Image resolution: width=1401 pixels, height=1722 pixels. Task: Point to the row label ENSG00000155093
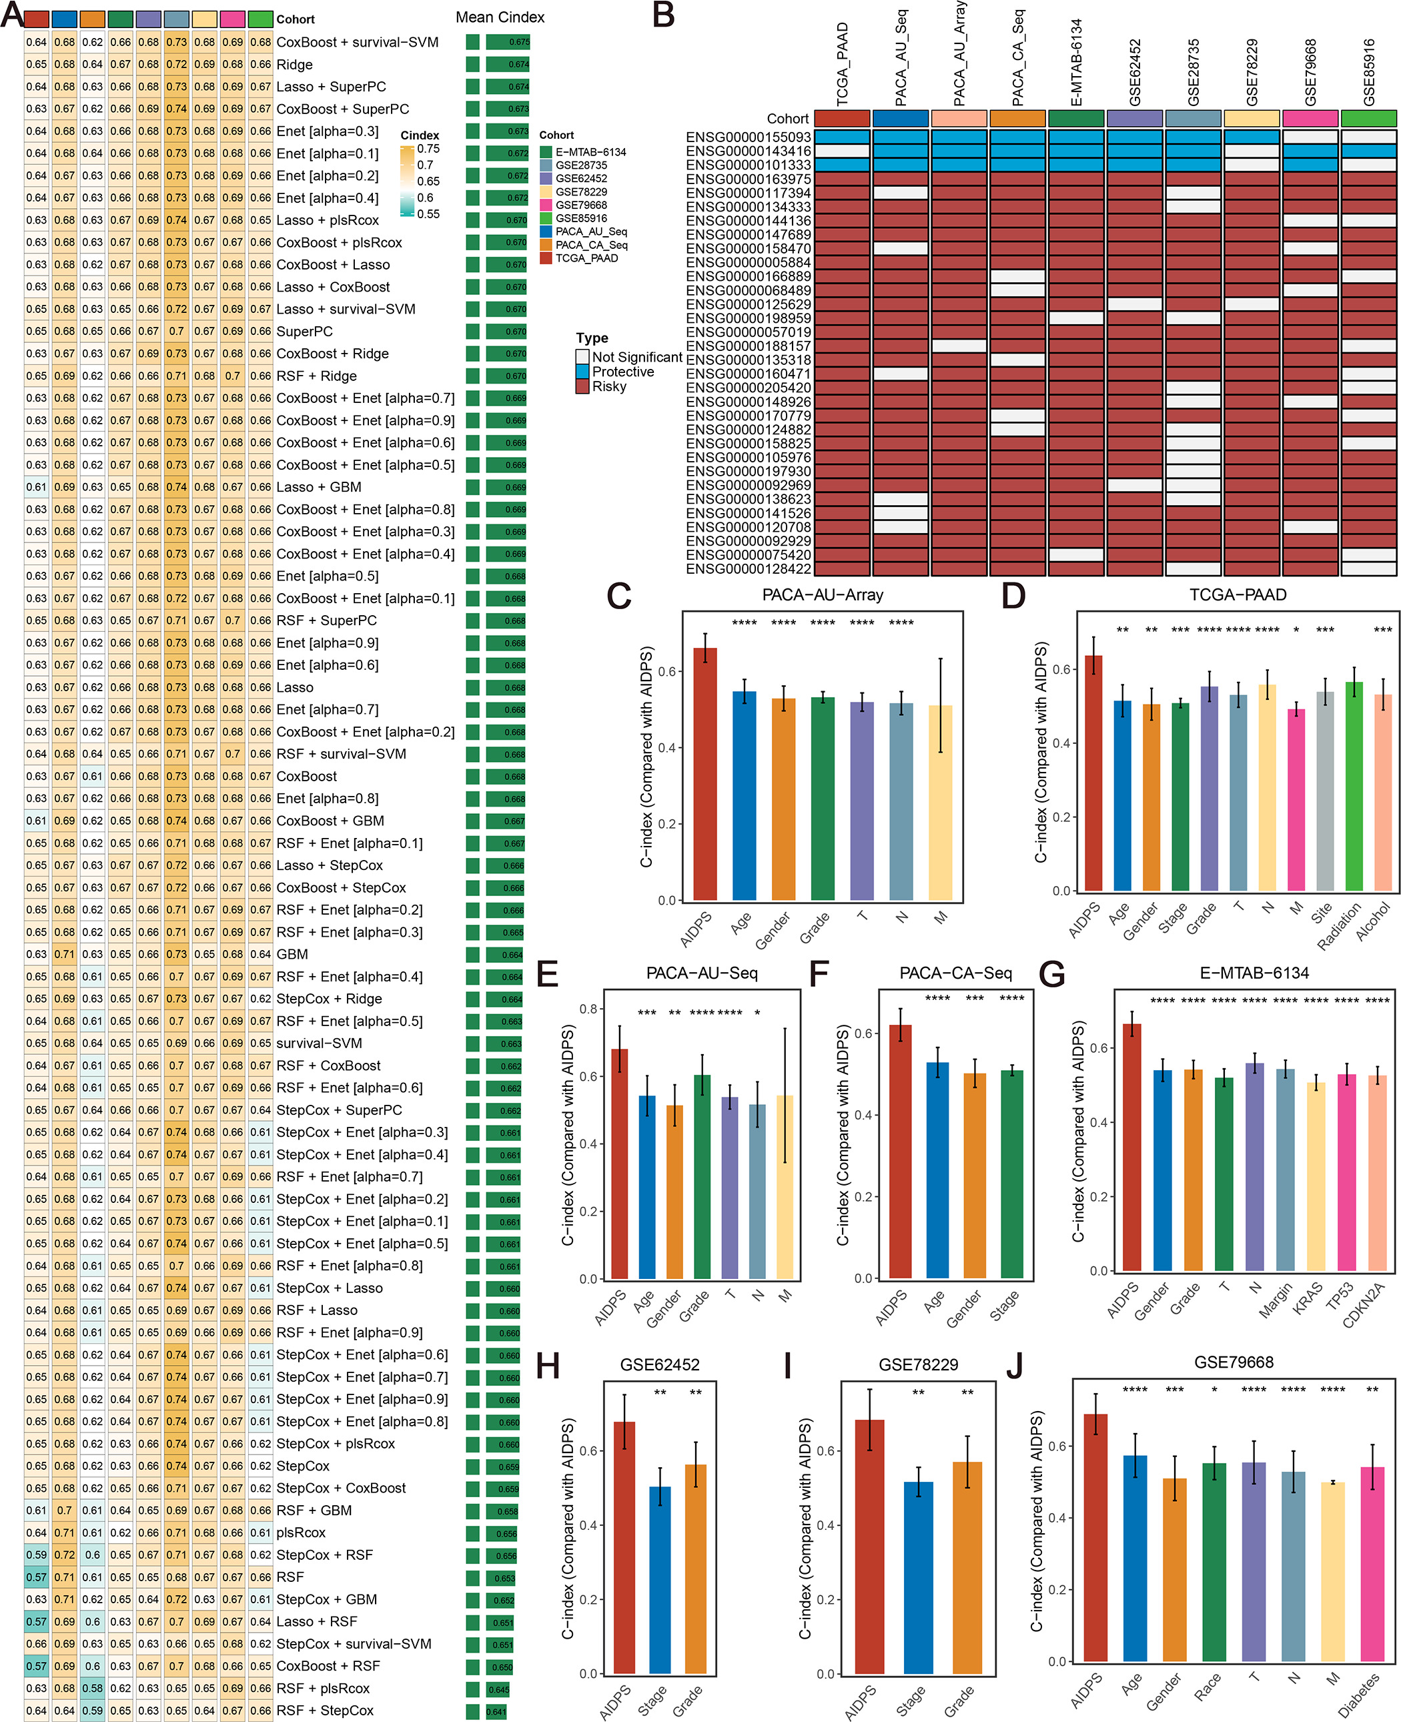pyautogui.click(x=747, y=137)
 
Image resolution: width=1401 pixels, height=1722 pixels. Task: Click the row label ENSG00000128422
pyautogui.click(x=747, y=569)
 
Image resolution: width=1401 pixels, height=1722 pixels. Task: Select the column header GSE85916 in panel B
pyautogui.click(x=1369, y=73)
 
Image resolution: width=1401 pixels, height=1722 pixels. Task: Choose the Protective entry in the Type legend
pyautogui.click(x=622, y=372)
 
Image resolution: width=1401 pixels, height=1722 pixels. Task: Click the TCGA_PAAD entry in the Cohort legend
pyautogui.click(x=586, y=258)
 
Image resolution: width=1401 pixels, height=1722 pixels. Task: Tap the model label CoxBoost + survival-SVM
pyautogui.click(x=357, y=42)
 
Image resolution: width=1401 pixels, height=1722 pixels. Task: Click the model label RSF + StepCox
pyautogui.click(x=324, y=1710)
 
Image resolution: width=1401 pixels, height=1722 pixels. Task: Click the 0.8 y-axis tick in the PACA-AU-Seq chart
pyautogui.click(x=588, y=1009)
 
